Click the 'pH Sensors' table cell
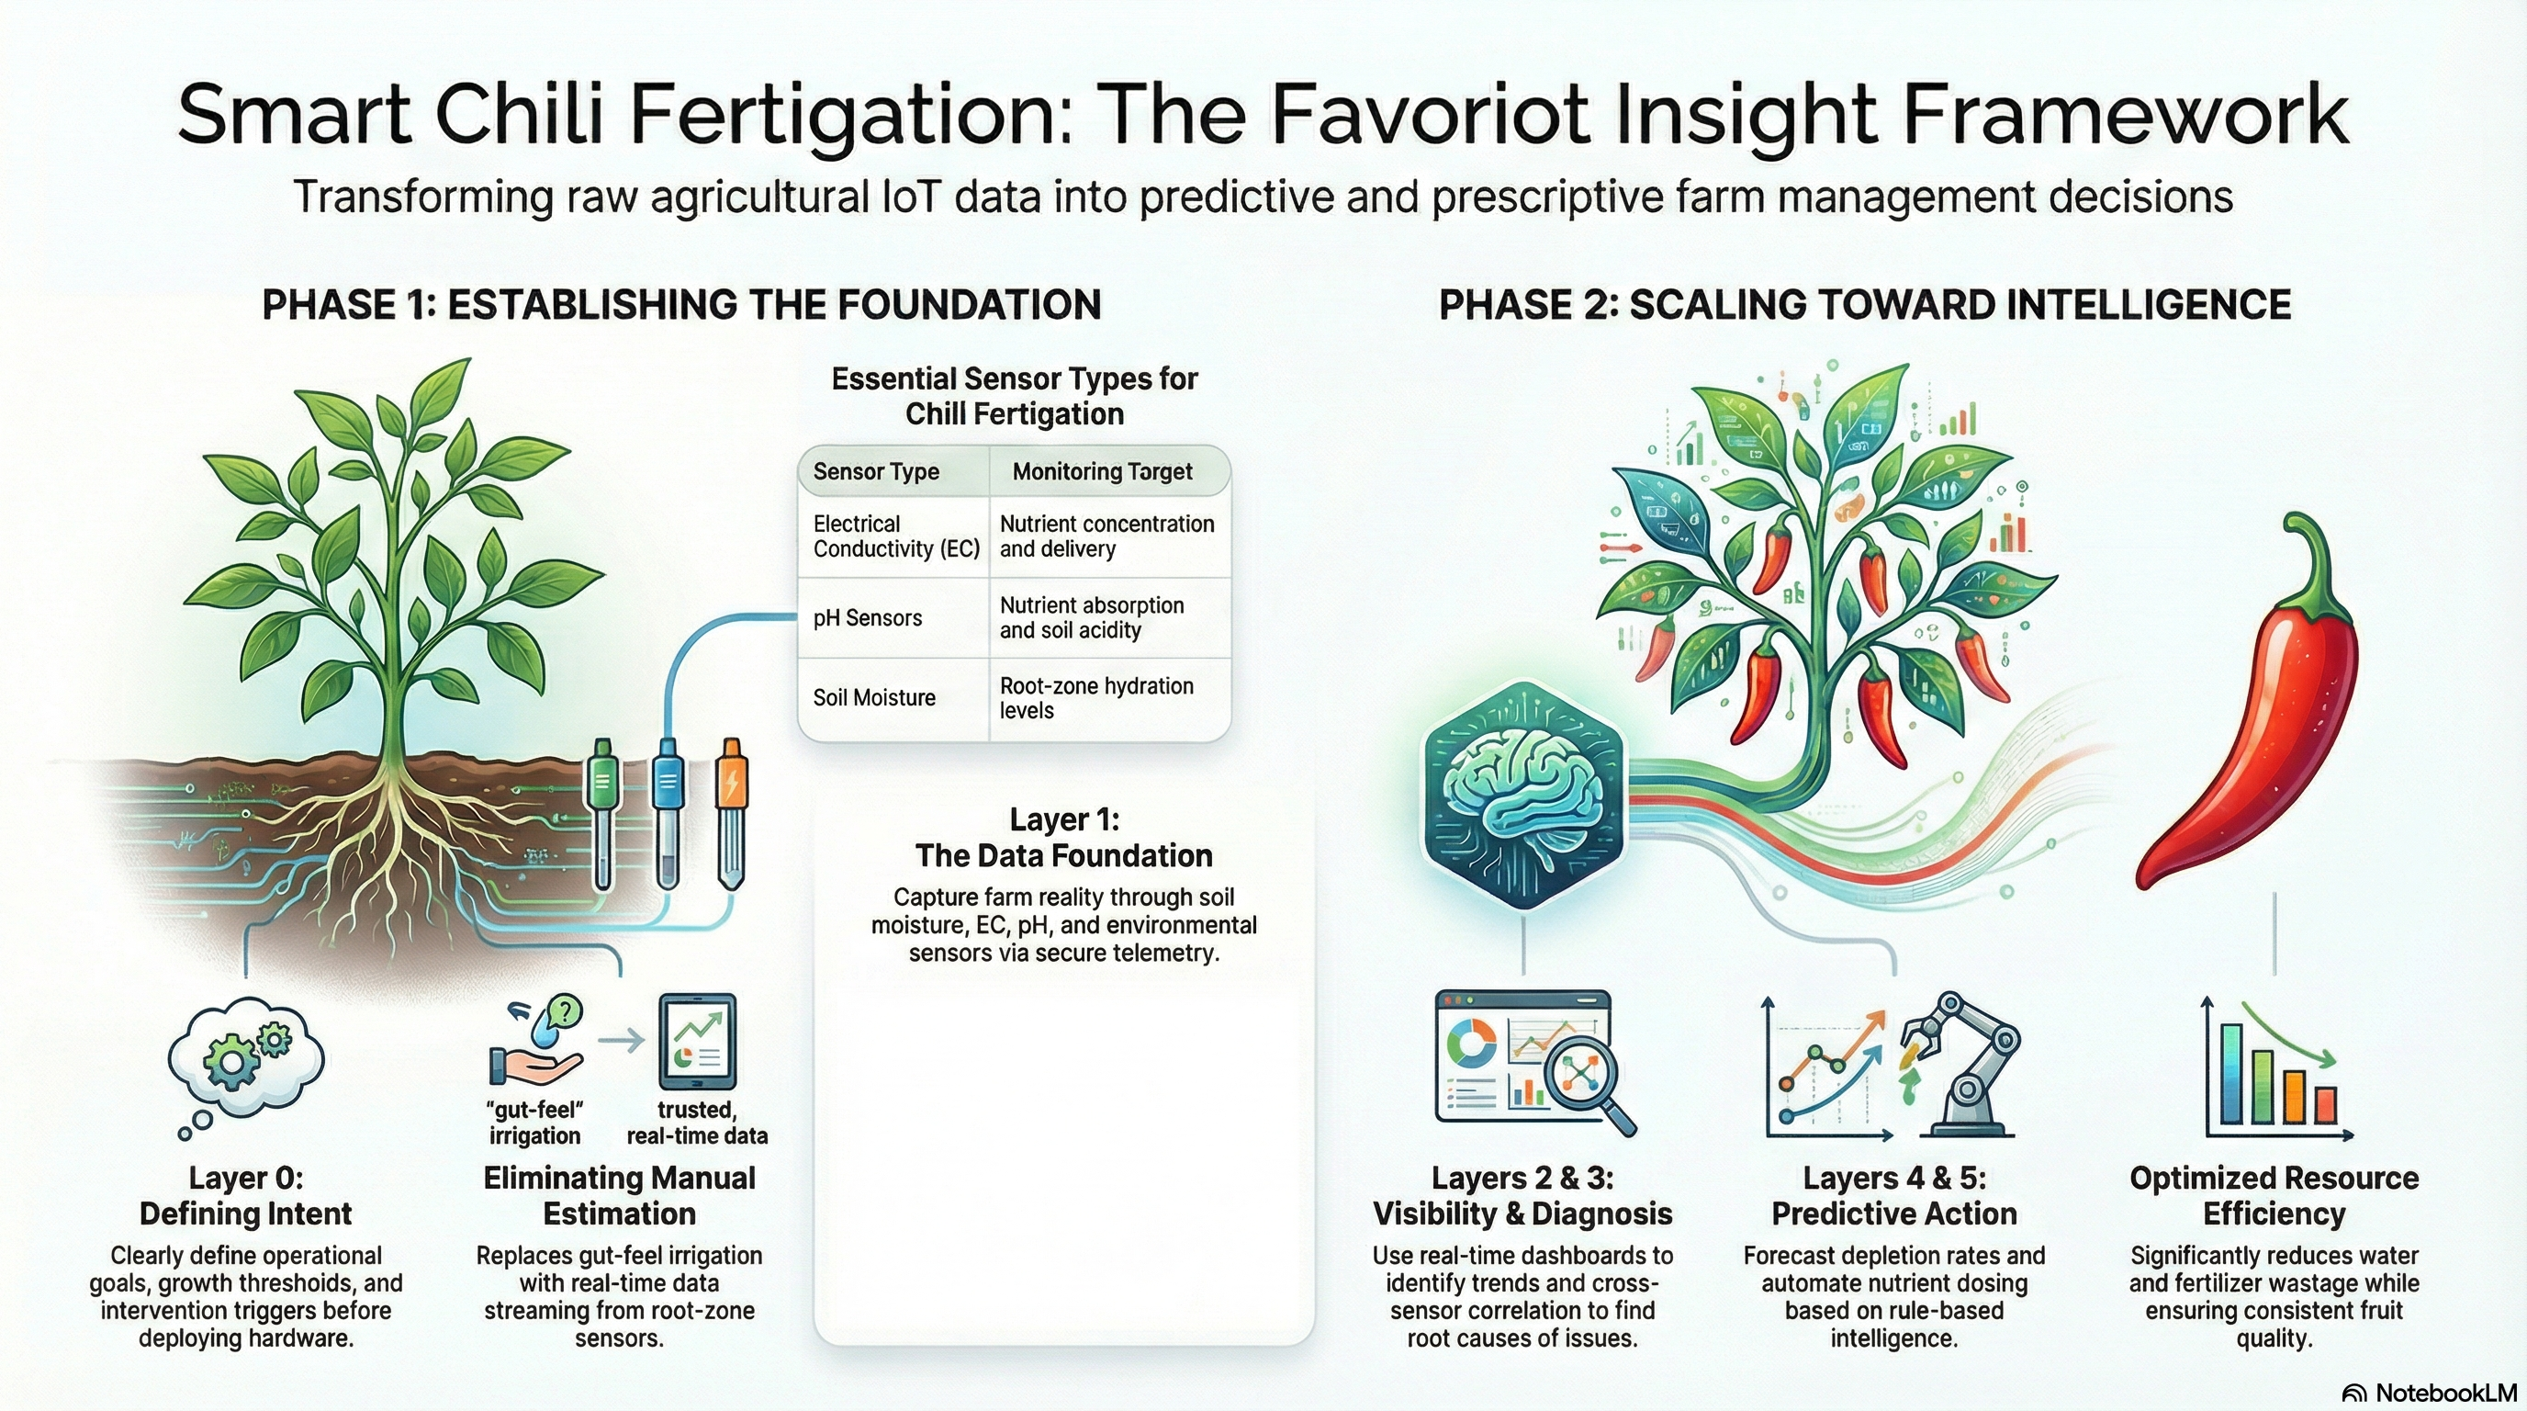pyautogui.click(x=868, y=618)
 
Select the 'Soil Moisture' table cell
pyautogui.click(x=874, y=697)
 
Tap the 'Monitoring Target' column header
pyautogui.click(x=1102, y=472)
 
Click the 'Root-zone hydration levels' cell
pyautogui.click(x=1095, y=697)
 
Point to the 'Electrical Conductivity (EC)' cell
pyautogui.click(x=895, y=536)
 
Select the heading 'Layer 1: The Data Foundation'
pyautogui.click(x=1063, y=837)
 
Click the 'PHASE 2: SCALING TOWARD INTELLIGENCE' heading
pyautogui.click(x=1864, y=305)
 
